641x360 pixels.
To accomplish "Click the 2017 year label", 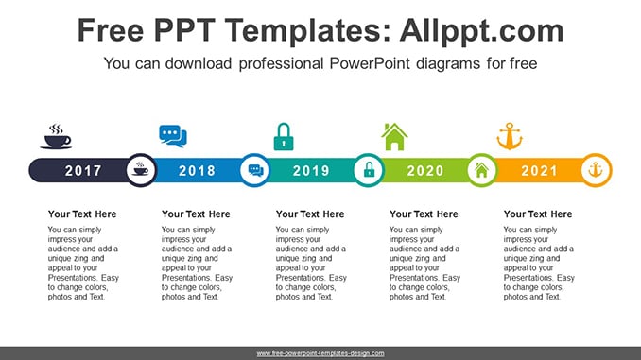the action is coord(83,170).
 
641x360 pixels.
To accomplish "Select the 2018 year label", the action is coord(197,170).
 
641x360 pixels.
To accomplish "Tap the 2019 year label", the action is coord(311,170).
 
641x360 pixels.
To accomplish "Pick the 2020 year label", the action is coord(425,170).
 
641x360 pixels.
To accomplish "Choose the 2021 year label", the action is coord(539,170).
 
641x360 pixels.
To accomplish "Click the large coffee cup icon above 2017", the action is coord(56,136).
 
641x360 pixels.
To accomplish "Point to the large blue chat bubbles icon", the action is coord(173,136).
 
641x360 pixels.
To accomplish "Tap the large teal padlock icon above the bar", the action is coord(284,136).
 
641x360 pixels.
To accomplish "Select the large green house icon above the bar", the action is coord(394,136).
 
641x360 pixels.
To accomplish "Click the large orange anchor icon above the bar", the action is coord(510,136).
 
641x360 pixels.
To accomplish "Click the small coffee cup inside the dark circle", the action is coord(141,169).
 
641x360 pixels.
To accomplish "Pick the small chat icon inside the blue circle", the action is coord(255,170).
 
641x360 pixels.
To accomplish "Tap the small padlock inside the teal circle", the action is coord(369,169).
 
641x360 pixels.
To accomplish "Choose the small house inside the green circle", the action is coord(482,170).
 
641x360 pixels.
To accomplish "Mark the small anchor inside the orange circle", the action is coord(596,169).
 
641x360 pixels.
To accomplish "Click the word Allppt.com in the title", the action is coord(481,31).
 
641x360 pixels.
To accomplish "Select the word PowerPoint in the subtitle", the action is coord(369,63).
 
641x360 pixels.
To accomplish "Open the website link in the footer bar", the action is coord(320,353).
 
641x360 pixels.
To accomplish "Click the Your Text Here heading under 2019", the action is coord(310,214).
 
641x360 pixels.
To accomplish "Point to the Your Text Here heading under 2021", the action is coord(538,214).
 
